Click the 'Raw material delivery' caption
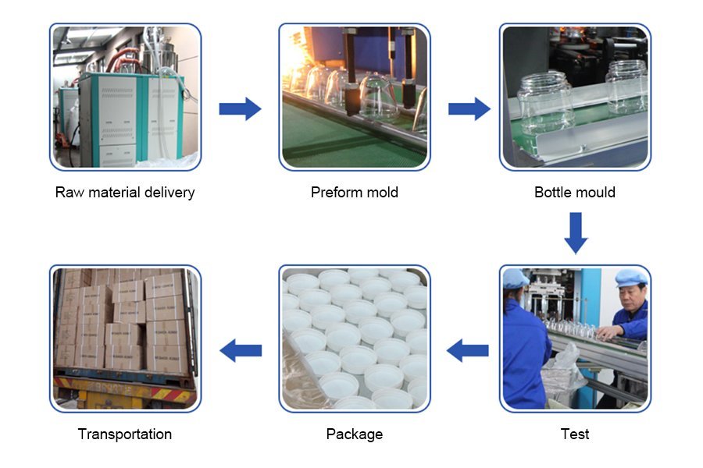pos(125,192)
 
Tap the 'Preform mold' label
pos(354,192)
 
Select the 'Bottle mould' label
pos(575,192)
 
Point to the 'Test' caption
pos(575,434)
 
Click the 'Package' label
pos(354,434)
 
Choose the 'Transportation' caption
pos(125,434)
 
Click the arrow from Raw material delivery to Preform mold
pos(240,108)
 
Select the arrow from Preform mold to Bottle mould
pos(469,108)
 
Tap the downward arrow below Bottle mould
pos(576,232)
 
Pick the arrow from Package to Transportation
pos(241,350)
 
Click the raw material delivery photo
pos(125,97)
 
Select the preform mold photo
pos(354,97)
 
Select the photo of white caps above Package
pos(354,339)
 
